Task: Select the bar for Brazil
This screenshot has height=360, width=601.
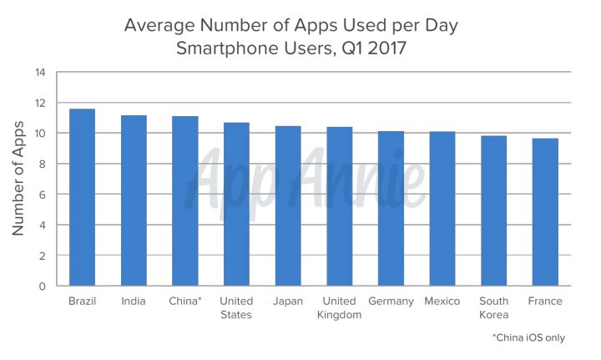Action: click(x=82, y=197)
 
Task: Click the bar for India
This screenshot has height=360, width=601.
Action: click(x=134, y=200)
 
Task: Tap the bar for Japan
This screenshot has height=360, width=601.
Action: click(x=288, y=205)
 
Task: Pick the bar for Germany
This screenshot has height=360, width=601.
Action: click(x=391, y=209)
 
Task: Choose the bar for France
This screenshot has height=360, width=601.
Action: click(x=545, y=212)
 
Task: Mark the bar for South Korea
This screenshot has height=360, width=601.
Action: click(x=494, y=210)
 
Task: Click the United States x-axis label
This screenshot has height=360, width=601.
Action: click(x=236, y=308)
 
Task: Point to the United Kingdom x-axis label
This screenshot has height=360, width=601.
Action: click(x=339, y=308)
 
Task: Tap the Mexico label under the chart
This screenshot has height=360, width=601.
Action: click(x=442, y=302)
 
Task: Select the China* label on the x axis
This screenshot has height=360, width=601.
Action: click(x=185, y=301)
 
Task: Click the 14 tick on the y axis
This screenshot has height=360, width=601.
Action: click(x=40, y=72)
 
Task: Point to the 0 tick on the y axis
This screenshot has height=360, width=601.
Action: click(x=42, y=286)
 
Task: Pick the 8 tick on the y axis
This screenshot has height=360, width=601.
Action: click(x=42, y=164)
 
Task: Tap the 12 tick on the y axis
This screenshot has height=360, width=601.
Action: click(x=40, y=103)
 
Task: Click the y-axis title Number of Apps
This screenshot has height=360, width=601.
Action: click(x=18, y=178)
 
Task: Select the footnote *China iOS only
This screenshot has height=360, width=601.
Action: click(x=528, y=337)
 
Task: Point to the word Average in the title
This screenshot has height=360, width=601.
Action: click(x=159, y=26)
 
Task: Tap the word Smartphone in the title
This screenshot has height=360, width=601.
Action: click(x=228, y=49)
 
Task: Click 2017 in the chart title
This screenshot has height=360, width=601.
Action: click(x=386, y=48)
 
